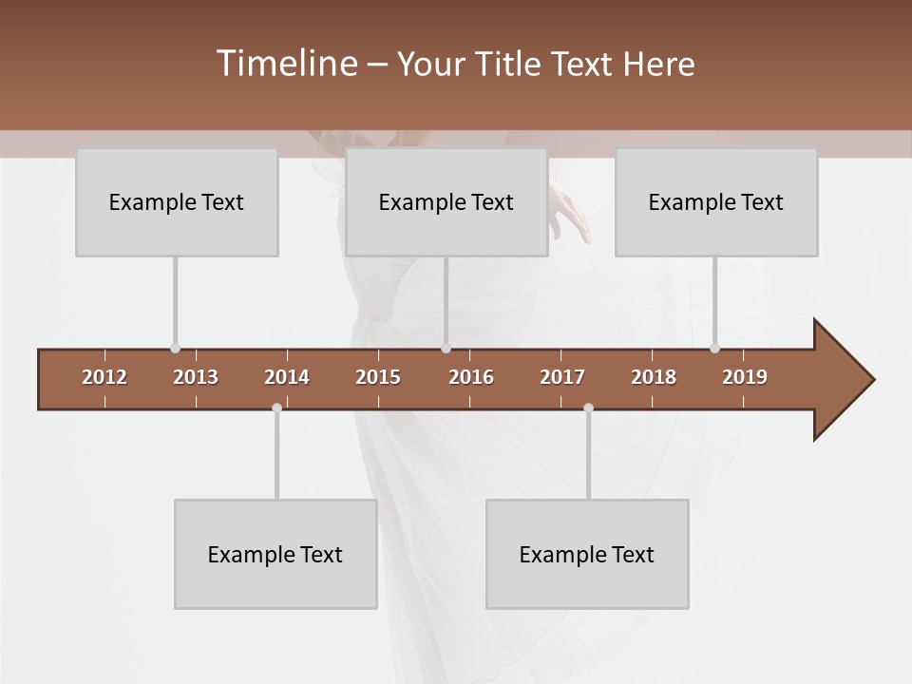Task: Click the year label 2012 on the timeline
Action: pos(104,377)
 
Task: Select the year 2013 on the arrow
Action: pos(196,377)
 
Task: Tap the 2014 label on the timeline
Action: pos(287,377)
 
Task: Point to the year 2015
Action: pos(378,377)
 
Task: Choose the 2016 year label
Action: pos(471,377)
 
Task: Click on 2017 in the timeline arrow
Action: pos(562,377)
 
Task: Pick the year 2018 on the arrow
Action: pos(654,377)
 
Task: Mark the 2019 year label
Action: pos(745,377)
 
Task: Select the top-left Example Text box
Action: pos(177,202)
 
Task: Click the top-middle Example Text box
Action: pos(446,202)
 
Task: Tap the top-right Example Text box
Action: pos(716,202)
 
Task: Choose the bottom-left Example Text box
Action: pos(275,555)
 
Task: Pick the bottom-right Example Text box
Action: pos(587,555)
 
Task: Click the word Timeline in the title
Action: pos(285,64)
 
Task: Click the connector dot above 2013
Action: pos(175,349)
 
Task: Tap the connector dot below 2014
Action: pos(276,408)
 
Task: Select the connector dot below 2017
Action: pos(588,408)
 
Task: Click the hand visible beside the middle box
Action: pos(570,211)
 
